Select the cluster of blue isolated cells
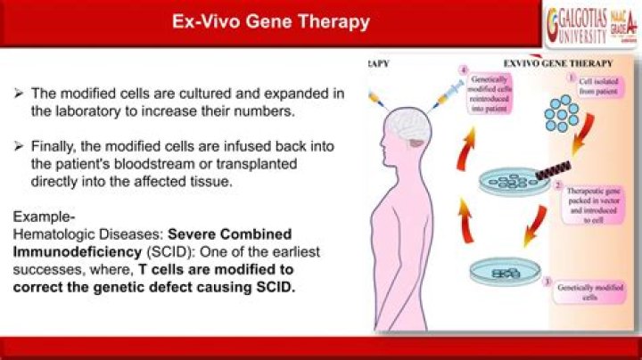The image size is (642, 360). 564,118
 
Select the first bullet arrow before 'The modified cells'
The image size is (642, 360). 20,93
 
